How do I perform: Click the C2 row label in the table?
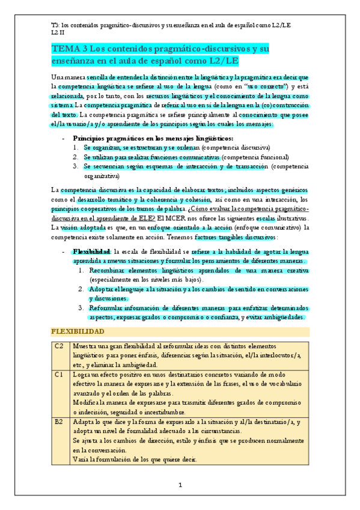tap(59, 347)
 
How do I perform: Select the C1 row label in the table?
tap(59, 374)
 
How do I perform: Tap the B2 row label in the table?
tap(59, 422)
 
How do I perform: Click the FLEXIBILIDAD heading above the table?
tap(78, 332)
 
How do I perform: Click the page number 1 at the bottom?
tap(180, 485)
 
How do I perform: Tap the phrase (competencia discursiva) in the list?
tap(236, 147)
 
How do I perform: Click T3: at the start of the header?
tap(56, 24)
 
